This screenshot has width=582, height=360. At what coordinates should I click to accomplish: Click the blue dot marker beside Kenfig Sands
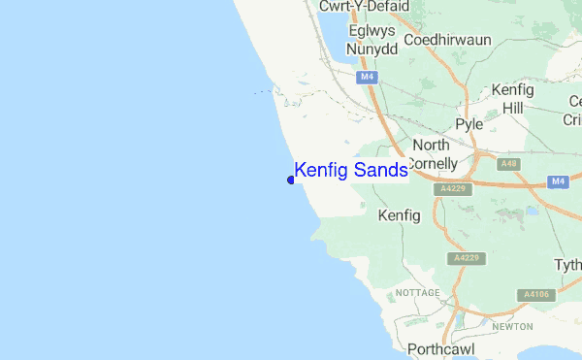291,180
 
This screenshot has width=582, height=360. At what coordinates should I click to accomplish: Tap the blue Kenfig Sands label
350,171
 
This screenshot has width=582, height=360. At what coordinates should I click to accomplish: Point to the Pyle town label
469,124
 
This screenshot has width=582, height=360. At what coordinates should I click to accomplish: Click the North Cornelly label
431,153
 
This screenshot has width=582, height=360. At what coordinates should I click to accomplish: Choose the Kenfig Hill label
512,98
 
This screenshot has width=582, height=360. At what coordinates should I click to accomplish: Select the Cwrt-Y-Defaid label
365,7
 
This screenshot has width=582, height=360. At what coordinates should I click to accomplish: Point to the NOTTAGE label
419,292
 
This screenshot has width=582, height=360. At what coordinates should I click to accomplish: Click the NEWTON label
513,327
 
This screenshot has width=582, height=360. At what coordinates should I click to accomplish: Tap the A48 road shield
509,164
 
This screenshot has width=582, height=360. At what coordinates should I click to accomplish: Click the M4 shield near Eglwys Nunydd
366,77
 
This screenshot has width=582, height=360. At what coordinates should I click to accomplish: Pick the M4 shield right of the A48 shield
557,181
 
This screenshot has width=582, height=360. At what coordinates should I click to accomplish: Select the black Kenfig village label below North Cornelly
399,214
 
